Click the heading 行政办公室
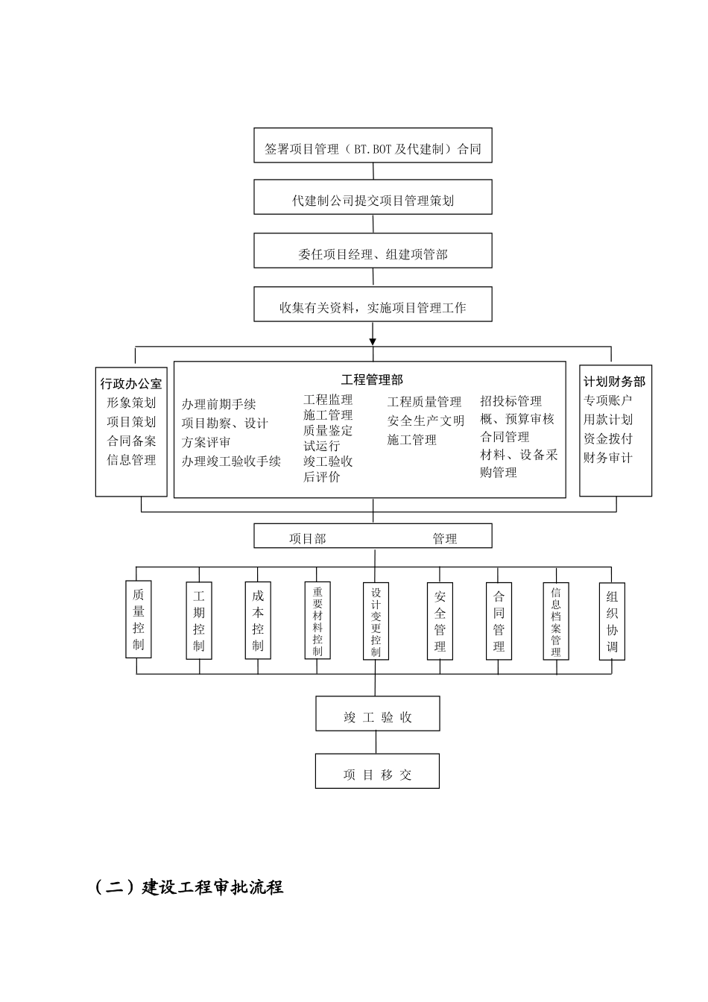[x=131, y=384]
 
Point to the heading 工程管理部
[x=372, y=380]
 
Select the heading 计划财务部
[x=615, y=382]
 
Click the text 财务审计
[x=607, y=458]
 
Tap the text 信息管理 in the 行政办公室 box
[x=131, y=460]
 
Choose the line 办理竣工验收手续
[x=231, y=461]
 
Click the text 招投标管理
[x=511, y=401]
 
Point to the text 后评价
[x=321, y=477]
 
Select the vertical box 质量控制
[x=139, y=620]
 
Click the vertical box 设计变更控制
[x=376, y=621]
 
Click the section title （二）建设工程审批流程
[x=189, y=887]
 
